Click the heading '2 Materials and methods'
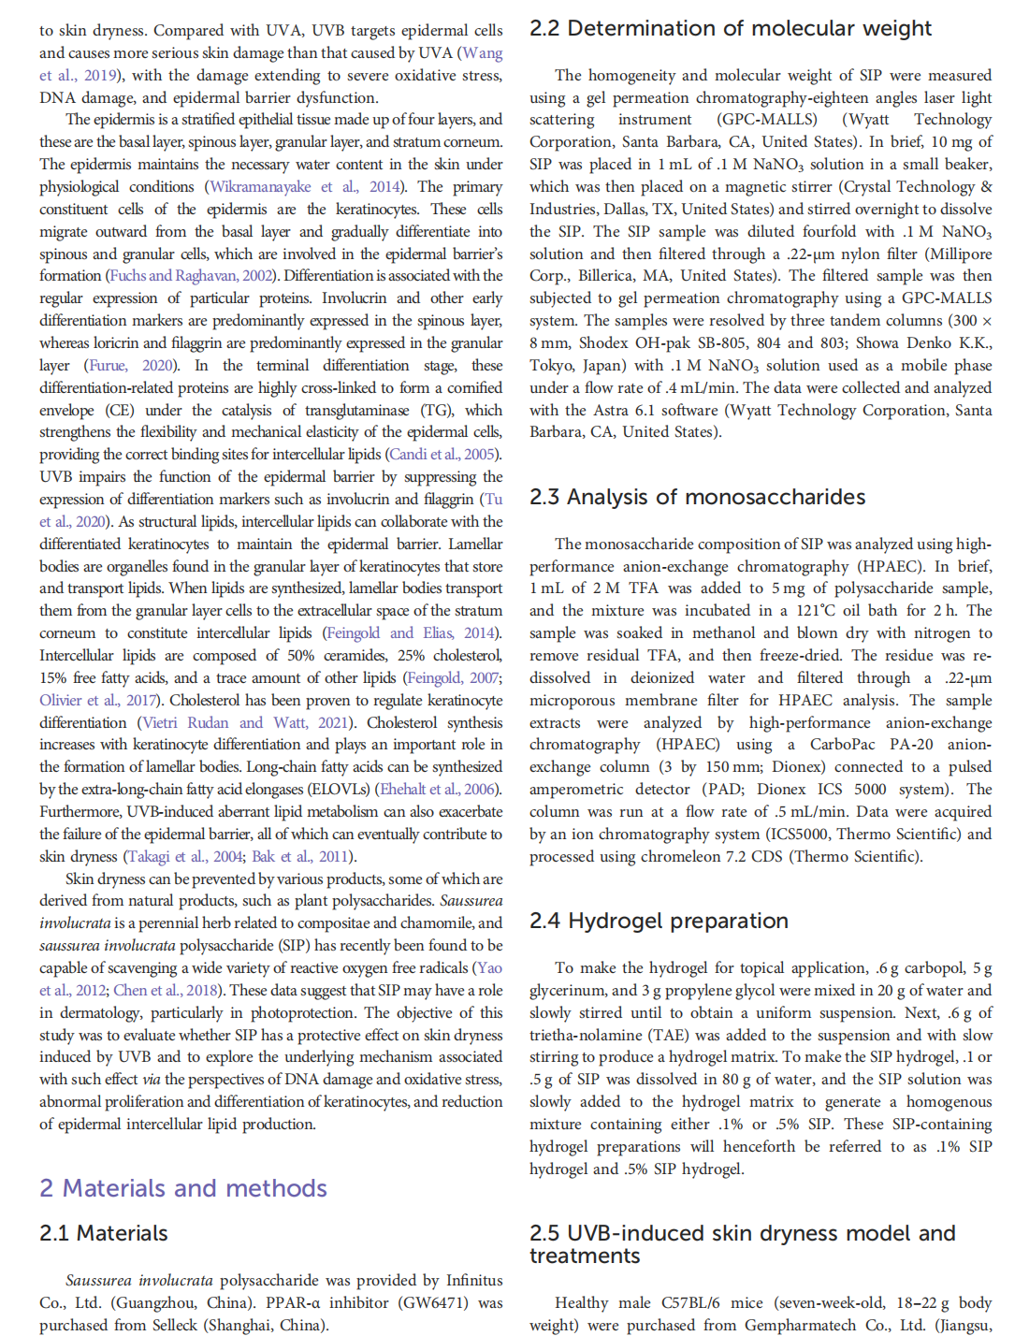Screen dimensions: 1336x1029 click(183, 1188)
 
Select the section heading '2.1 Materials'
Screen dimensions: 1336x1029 click(104, 1233)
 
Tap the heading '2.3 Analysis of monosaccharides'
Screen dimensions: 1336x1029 click(698, 497)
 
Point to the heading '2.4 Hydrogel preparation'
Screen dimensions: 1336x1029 click(659, 921)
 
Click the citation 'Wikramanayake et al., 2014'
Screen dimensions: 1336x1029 click(305, 187)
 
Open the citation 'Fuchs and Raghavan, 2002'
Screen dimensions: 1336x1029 click(192, 276)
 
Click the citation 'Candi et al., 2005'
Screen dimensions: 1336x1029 click(442, 455)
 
